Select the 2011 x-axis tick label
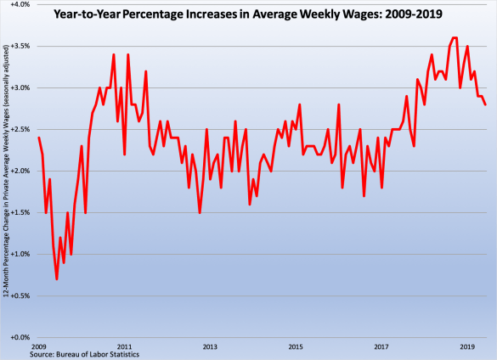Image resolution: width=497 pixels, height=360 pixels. [x=124, y=346]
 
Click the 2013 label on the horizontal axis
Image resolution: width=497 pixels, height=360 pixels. [x=210, y=346]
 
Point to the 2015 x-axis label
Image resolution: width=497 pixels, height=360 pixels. [x=296, y=346]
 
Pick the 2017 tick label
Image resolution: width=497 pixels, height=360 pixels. [x=381, y=346]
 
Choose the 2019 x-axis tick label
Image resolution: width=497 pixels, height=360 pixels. [x=467, y=346]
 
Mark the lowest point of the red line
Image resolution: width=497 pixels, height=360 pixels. [x=57, y=278]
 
